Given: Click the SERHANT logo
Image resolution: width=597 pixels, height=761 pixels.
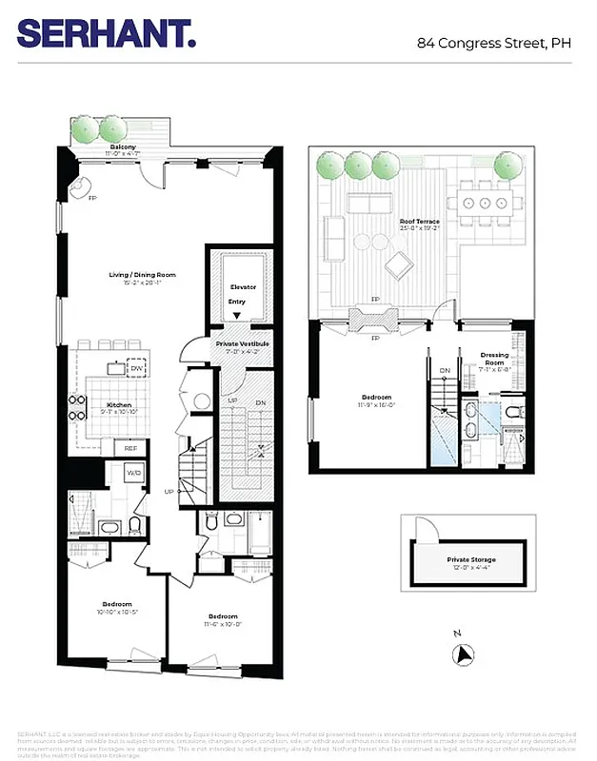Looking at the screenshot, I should pyautogui.click(x=107, y=34).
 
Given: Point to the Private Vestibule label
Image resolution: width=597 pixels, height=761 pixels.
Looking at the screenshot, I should pyautogui.click(x=242, y=343).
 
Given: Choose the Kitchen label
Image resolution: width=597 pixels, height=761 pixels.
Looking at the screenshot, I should pyautogui.click(x=119, y=405).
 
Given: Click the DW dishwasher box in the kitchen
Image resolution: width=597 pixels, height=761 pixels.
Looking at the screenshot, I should pyautogui.click(x=137, y=369).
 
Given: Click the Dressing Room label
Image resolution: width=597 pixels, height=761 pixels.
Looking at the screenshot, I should pyautogui.click(x=494, y=359).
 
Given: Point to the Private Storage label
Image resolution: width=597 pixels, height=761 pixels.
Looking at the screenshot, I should pyautogui.click(x=470, y=560).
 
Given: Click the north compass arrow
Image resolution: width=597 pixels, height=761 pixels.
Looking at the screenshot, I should pyautogui.click(x=465, y=654).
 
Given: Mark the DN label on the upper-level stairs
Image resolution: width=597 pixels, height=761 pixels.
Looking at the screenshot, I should pyautogui.click(x=444, y=371).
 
